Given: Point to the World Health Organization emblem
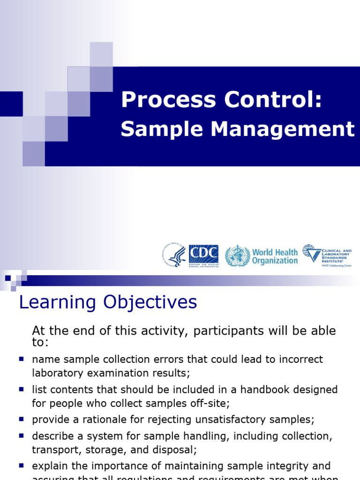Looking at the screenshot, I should coord(237,256).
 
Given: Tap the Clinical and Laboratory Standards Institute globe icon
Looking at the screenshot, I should coord(311,253).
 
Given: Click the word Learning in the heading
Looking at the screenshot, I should coord(56,303).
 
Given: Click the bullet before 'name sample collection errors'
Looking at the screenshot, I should coord(21,359).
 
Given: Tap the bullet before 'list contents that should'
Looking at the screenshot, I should coord(21,390).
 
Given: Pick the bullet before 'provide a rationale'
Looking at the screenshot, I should coord(21,420).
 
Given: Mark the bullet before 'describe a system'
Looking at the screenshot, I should coord(21,435).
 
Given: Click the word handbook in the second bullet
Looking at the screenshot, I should coord(272,390).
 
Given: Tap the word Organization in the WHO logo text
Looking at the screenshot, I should coord(275,261).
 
